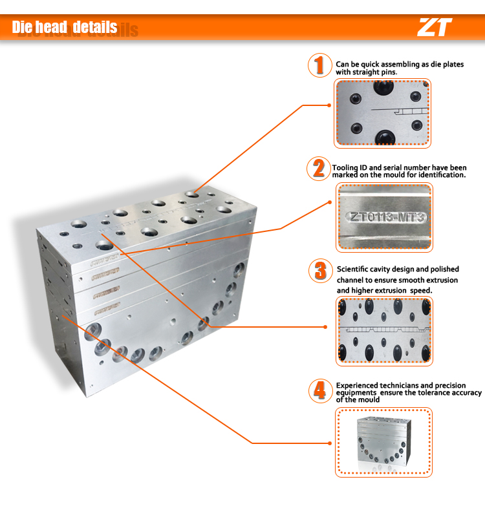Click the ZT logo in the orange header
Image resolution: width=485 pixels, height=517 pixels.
click(435, 27)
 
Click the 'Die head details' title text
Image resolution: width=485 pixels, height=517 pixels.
click(65, 27)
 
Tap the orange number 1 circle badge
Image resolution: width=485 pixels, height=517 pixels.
click(318, 65)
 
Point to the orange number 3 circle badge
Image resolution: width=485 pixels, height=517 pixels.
click(319, 270)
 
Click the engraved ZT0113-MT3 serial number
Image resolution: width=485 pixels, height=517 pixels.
click(384, 216)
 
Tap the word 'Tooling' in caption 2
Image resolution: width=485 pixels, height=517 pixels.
click(345, 168)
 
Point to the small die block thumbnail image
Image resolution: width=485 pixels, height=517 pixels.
click(384, 443)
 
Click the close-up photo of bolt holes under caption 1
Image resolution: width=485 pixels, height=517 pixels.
click(382, 114)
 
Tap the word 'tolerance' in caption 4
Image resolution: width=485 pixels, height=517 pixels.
click(438, 392)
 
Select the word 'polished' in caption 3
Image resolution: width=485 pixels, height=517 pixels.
click(440, 269)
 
